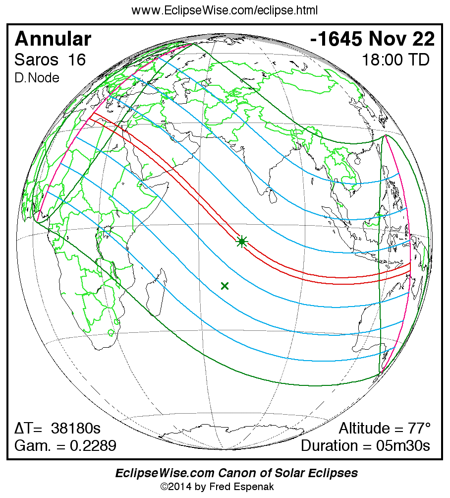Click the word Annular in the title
[53, 39]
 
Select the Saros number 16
[77, 60]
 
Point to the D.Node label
[37, 78]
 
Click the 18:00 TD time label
[395, 60]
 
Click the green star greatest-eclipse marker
[242, 242]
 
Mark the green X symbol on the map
[225, 285]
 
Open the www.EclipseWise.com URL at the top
[225, 10]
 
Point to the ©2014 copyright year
[177, 487]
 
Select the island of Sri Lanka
[272, 196]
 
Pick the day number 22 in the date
[424, 39]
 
